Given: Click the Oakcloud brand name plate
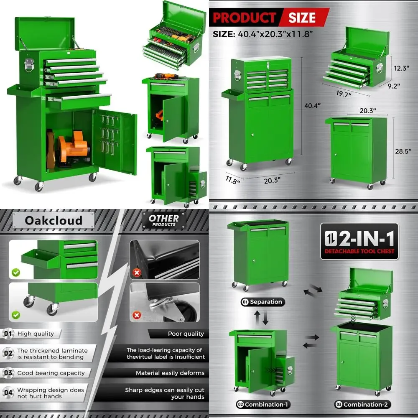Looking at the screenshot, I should (x=54, y=220).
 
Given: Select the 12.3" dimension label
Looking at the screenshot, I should (x=400, y=68).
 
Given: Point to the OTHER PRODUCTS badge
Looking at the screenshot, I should (x=164, y=220).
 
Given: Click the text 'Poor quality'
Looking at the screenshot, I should (x=186, y=334).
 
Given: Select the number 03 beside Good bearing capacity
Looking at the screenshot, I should (x=8, y=373).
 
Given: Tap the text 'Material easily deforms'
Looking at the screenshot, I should (x=170, y=373).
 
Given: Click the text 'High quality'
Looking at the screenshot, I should (x=36, y=334).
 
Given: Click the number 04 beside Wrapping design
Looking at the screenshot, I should (x=8, y=393).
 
